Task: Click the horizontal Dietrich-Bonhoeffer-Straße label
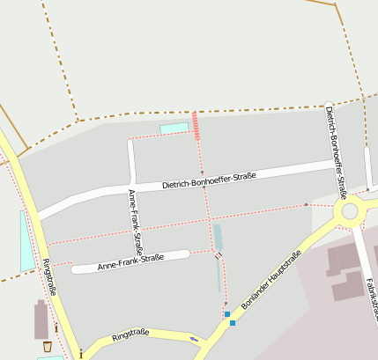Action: (209, 180)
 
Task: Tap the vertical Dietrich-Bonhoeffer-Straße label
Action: (336, 145)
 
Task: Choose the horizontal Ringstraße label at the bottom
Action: (130, 334)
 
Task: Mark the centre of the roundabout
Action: (351, 211)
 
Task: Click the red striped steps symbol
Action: (196, 125)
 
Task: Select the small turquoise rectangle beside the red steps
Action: (174, 129)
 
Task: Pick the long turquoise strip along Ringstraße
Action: (26, 240)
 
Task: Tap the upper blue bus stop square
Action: (227, 313)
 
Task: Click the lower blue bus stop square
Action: (233, 323)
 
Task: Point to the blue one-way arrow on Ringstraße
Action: (194, 339)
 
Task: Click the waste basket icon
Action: (47, 347)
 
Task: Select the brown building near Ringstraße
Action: (41, 319)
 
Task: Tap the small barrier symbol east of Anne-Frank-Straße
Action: (219, 255)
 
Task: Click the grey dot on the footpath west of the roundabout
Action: (306, 205)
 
